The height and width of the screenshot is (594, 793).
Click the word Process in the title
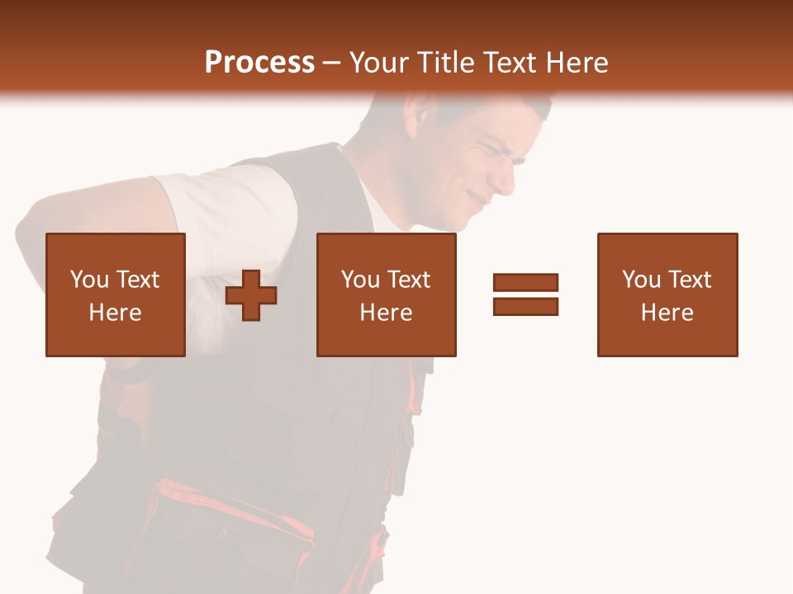(x=259, y=63)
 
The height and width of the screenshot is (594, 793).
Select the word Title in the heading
(x=446, y=63)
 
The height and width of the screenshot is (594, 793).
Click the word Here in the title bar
(x=577, y=63)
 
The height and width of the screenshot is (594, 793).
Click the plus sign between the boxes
(x=251, y=295)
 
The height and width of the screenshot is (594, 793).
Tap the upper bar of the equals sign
(x=526, y=283)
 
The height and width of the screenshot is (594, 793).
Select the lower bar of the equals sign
(x=526, y=307)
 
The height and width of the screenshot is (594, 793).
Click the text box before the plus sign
(x=116, y=295)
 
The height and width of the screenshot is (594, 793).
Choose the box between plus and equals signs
(x=387, y=295)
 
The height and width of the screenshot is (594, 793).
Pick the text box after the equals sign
(x=667, y=295)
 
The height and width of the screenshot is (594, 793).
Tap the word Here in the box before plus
(x=116, y=313)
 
